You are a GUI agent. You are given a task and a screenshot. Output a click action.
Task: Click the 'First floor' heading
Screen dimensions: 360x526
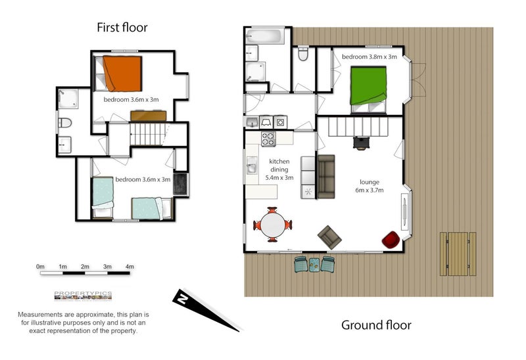pyautogui.click(x=122, y=28)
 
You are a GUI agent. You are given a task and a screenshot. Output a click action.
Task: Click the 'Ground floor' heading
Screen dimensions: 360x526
pyautogui.click(x=376, y=325)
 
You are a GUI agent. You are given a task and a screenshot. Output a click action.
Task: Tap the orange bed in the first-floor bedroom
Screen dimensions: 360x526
pyautogui.click(x=122, y=72)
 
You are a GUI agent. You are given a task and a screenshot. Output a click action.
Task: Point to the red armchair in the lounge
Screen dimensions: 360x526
pyautogui.click(x=390, y=240)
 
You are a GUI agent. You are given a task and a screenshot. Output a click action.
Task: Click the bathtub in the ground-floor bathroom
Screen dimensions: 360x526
pyautogui.click(x=264, y=35)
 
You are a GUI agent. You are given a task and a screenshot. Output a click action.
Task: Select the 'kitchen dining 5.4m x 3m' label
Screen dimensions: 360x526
pyautogui.click(x=279, y=169)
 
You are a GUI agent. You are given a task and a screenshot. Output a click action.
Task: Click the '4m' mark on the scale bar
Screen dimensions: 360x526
pyautogui.click(x=129, y=267)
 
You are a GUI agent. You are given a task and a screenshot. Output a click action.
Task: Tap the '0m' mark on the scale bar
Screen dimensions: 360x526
pyautogui.click(x=41, y=267)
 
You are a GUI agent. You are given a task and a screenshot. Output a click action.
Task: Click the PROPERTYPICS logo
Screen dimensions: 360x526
pyautogui.click(x=83, y=294)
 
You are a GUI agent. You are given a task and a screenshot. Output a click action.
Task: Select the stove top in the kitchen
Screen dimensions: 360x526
pyautogui.click(x=268, y=139)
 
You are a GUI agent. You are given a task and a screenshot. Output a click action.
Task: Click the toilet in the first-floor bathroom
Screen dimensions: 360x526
pyautogui.click(x=64, y=123)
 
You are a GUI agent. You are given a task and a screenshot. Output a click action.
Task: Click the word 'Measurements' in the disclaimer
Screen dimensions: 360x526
pyautogui.click(x=40, y=315)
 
